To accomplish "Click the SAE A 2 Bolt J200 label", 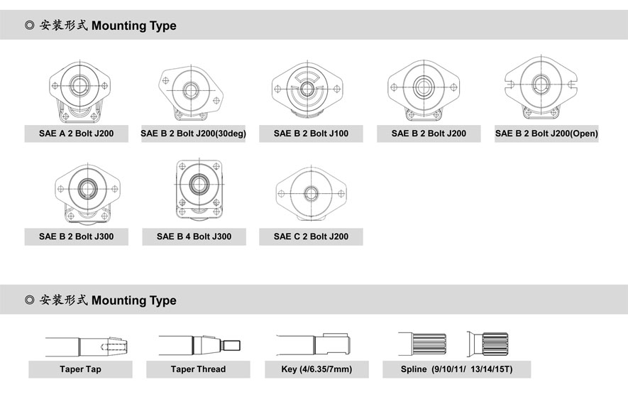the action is [77, 134].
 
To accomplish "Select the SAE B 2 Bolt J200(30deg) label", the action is [194, 134].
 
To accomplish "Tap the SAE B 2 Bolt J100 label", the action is [312, 134].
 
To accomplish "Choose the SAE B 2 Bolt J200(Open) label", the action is [546, 134].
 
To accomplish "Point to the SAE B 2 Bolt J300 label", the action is [77, 236].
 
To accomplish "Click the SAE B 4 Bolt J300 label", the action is [194, 236].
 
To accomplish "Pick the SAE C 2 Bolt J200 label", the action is [312, 236].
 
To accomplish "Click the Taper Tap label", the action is [80, 369].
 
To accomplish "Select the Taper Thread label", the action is [198, 369].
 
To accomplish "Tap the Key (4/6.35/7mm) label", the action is [316, 369].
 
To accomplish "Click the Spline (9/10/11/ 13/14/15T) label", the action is [456, 369].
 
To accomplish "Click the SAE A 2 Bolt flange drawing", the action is [79, 92].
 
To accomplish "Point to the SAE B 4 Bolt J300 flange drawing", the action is [199, 190].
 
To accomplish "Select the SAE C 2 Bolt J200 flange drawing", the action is [312, 194].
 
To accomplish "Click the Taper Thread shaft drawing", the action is [199, 345].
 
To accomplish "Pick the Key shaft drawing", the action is [313, 344].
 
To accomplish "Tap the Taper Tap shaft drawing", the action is [86, 347].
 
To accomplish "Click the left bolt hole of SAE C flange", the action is [281, 194].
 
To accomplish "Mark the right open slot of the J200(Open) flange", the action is [573, 85].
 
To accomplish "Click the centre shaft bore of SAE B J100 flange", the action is [307, 89].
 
